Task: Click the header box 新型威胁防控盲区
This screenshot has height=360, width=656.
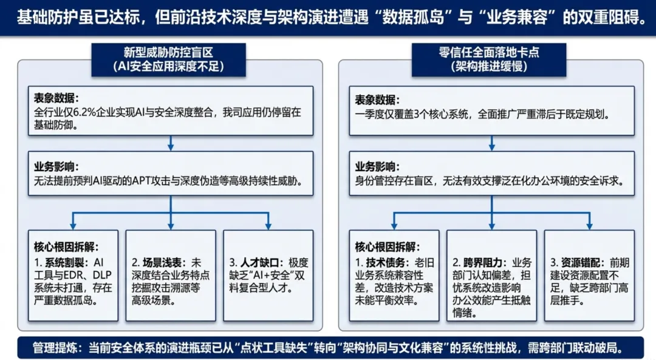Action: (170, 59)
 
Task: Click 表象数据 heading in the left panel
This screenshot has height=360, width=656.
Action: (56, 98)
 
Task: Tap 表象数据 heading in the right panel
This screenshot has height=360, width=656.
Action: (377, 98)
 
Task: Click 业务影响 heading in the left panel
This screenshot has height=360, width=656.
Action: (56, 166)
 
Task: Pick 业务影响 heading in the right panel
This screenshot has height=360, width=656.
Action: (377, 166)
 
